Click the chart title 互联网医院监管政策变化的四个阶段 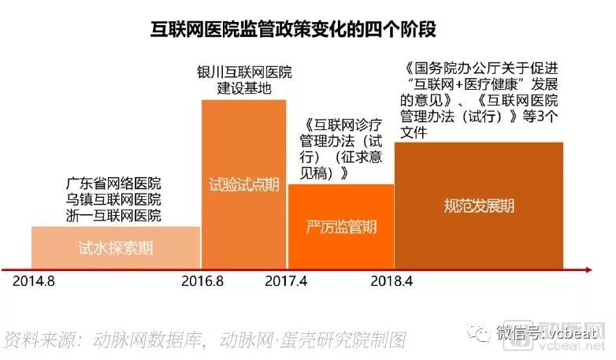(x=293, y=29)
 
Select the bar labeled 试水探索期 (x=115, y=248)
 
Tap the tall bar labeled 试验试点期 (x=243, y=187)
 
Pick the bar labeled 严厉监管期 (x=340, y=228)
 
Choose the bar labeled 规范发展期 (x=479, y=206)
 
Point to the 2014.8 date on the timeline (x=35, y=280)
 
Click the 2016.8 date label (x=202, y=280)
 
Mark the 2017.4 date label (x=286, y=280)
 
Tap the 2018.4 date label (x=393, y=280)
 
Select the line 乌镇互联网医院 (x=113, y=199)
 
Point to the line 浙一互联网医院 (x=113, y=214)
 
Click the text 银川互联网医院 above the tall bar (x=244, y=72)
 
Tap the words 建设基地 (x=244, y=88)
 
